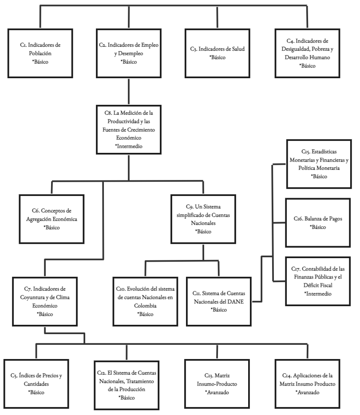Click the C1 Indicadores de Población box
[40, 53]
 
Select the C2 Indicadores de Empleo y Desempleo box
[129, 53]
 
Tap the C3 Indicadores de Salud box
[217, 53]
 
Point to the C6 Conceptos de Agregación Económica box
[51, 219]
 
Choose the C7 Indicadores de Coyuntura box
[45, 301]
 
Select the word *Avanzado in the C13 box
[218, 393]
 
